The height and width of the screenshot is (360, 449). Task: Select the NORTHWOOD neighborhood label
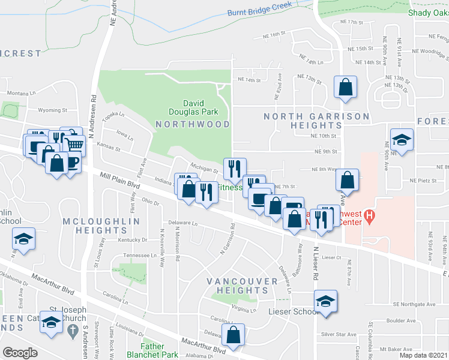click(192, 124)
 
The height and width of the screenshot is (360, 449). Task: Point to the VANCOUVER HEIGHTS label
click(234, 286)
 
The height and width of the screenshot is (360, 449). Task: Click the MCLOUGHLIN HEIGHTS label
click(101, 226)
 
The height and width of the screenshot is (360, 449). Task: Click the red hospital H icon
click(370, 215)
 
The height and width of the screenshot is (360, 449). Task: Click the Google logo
click(20, 353)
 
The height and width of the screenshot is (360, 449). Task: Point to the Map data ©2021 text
click(423, 355)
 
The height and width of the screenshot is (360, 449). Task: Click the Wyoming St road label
click(49, 110)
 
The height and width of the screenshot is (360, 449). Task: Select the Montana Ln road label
click(22, 94)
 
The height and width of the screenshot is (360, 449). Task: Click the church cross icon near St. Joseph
click(72, 330)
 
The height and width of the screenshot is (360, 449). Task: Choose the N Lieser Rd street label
click(315, 264)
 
